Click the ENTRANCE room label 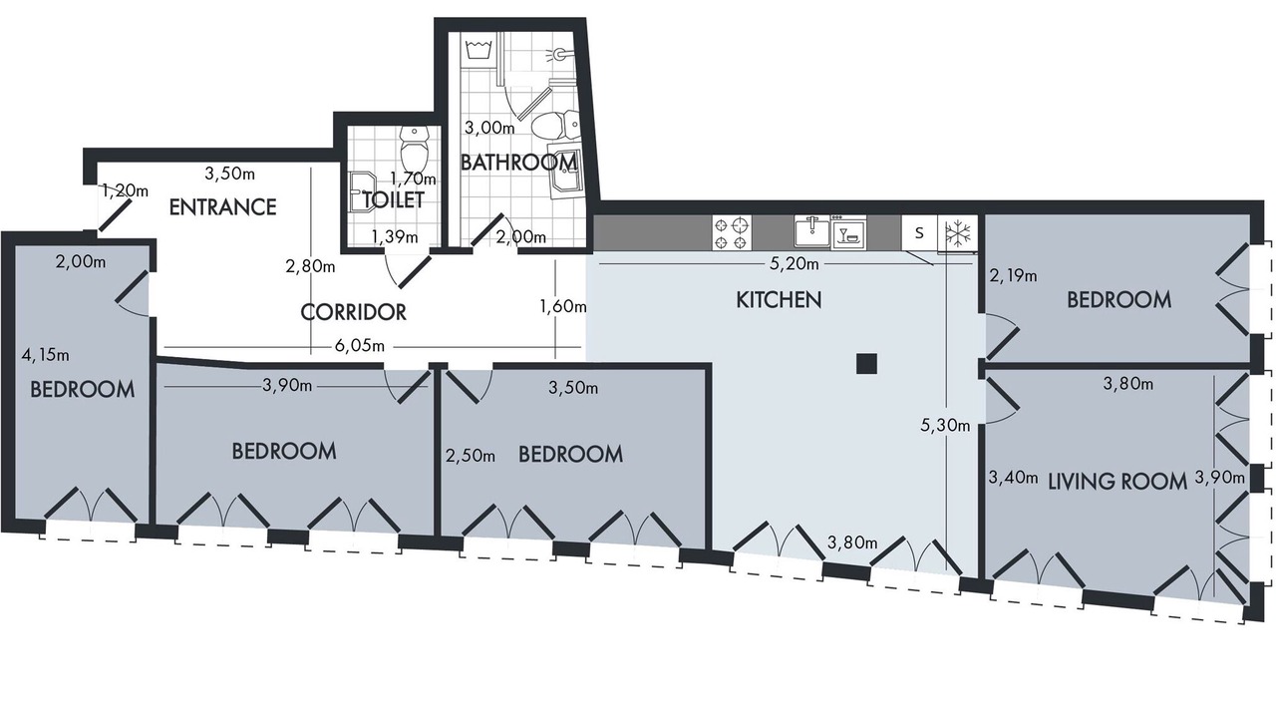(x=222, y=206)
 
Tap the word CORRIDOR (x=353, y=312)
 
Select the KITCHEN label (x=779, y=300)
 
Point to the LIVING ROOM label (x=1117, y=482)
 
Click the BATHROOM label (x=518, y=163)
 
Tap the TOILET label (x=394, y=200)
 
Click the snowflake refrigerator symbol (x=958, y=233)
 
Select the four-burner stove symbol (x=732, y=233)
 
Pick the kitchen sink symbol (x=811, y=232)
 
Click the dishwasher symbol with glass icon (x=848, y=232)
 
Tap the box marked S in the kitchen (x=919, y=233)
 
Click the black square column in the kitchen (x=866, y=364)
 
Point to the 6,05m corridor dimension (x=360, y=346)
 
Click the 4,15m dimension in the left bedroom (x=45, y=355)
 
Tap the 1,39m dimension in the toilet (x=395, y=236)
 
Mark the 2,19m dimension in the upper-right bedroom (x=1013, y=276)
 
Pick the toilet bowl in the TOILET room (x=415, y=147)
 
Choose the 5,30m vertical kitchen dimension (x=945, y=426)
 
